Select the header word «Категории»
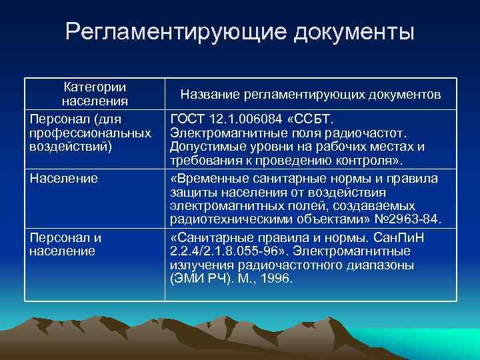pos(95,87)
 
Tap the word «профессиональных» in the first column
pos(91,133)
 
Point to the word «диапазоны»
pos(383,265)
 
